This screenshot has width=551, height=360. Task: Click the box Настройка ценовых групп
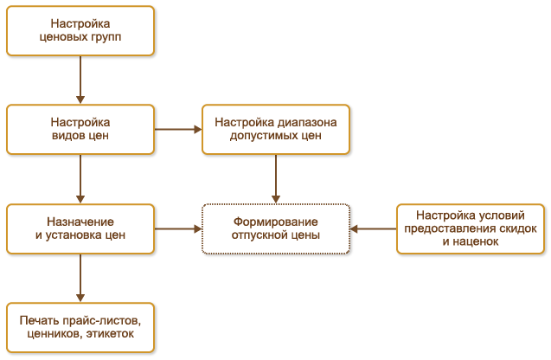click(x=80, y=31)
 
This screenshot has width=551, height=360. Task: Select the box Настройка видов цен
click(x=80, y=130)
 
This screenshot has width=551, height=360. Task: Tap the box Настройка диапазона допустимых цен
click(x=275, y=130)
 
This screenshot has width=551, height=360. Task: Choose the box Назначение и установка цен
click(x=80, y=228)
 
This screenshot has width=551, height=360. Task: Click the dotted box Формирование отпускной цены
click(x=275, y=228)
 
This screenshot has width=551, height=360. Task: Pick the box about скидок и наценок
click(x=471, y=228)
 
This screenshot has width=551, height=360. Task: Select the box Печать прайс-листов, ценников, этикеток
click(x=80, y=327)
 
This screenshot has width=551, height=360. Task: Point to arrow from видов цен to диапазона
click(x=177, y=130)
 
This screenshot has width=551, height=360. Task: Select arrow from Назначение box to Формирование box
click(x=177, y=229)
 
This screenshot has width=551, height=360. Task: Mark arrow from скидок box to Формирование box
click(x=373, y=229)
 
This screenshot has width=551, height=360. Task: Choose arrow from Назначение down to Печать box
click(x=80, y=278)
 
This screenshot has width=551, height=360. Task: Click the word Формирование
click(x=276, y=222)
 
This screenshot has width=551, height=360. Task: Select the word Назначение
click(x=80, y=222)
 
